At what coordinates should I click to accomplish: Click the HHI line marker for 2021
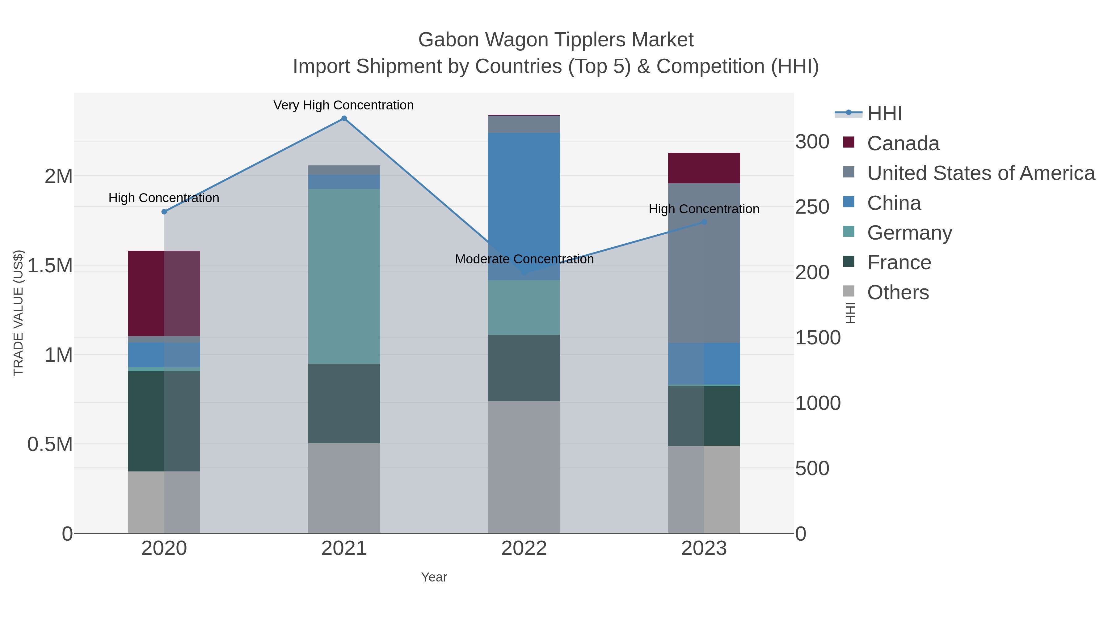[x=344, y=118]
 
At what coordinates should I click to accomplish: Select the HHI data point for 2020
[x=164, y=212]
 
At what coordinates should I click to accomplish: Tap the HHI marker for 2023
[x=704, y=222]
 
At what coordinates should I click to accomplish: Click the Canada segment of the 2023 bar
[x=704, y=168]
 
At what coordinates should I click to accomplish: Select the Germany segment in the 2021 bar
[x=344, y=276]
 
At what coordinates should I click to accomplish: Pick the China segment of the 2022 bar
[x=524, y=206]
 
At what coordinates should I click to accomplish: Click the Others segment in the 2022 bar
[x=524, y=466]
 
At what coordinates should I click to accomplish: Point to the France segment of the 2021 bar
[x=344, y=403]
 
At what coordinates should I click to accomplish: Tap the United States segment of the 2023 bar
[x=704, y=263]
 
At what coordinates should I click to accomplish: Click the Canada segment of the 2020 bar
[x=164, y=293]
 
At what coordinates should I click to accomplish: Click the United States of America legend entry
[x=980, y=173]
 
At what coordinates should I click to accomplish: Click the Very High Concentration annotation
[x=343, y=105]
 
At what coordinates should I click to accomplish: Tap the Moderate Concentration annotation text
[x=524, y=259]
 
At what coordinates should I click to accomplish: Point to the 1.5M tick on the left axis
[x=50, y=266]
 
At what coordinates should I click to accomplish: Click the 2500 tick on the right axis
[x=812, y=207]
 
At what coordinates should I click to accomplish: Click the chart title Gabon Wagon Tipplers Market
[x=556, y=40]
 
